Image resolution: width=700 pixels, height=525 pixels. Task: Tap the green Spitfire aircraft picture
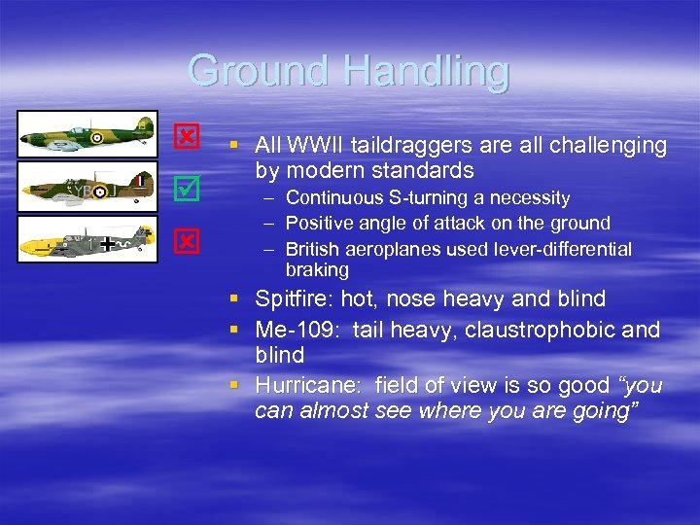[x=87, y=134]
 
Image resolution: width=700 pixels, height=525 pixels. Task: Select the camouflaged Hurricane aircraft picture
[x=87, y=187]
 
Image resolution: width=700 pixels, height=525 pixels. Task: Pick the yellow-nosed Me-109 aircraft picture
[x=87, y=239]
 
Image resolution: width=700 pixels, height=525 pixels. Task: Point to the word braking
[x=317, y=269]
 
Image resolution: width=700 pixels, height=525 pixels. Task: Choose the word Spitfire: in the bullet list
[x=295, y=298]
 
